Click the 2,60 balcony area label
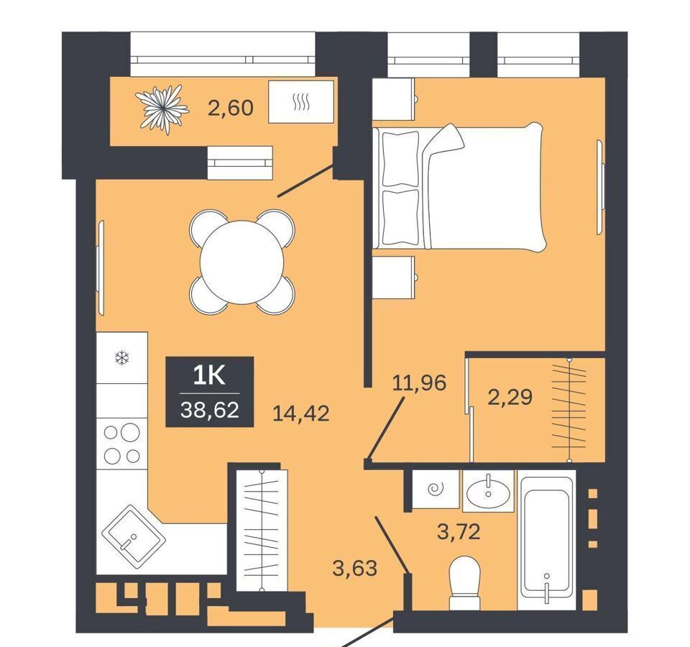click(231, 107)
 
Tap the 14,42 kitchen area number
click(301, 413)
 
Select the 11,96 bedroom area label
click(419, 382)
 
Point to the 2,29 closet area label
click(510, 397)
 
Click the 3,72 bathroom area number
click(459, 532)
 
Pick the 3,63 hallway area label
click(355, 568)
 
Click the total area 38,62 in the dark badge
click(209, 410)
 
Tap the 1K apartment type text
click(209, 376)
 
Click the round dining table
click(241, 262)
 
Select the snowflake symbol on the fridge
click(122, 357)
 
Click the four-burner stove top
click(122, 444)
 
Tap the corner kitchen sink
click(134, 533)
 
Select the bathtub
click(546, 540)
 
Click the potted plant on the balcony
click(162, 109)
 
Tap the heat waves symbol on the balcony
click(301, 103)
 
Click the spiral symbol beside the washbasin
click(436, 488)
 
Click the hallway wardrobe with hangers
click(262, 531)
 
